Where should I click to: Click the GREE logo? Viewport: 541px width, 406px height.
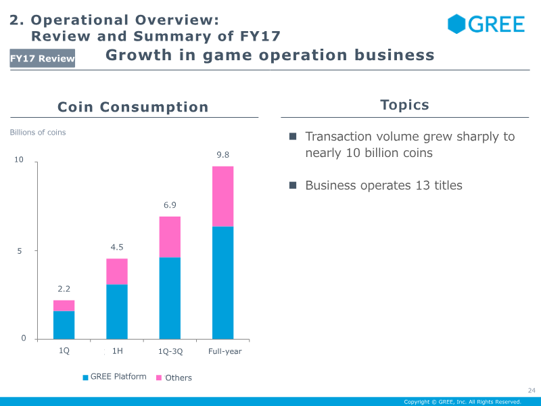point(486,24)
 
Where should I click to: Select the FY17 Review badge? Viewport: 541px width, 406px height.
point(43,59)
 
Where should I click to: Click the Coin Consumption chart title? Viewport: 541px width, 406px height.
point(133,107)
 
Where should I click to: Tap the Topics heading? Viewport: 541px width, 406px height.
point(404,105)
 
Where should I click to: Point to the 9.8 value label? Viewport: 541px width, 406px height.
point(222,155)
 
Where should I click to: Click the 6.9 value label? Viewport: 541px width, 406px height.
point(170,205)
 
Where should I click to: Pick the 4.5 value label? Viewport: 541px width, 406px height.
point(117,247)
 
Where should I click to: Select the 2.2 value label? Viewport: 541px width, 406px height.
point(64,289)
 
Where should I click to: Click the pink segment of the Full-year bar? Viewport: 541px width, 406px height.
point(222,196)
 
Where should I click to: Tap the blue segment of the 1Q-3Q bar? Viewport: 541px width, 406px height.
point(170,298)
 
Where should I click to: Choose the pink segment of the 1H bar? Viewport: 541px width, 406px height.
point(117,271)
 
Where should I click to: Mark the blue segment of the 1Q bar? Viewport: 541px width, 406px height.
point(64,325)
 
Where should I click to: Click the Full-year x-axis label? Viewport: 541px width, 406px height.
point(225,351)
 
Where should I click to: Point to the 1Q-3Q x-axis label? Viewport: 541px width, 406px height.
point(170,351)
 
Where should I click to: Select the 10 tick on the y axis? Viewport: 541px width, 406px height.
point(19,160)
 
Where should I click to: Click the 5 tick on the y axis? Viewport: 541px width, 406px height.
point(21,250)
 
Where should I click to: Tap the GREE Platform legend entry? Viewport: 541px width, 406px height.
point(114,377)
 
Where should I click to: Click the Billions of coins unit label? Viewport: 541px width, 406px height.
point(38,133)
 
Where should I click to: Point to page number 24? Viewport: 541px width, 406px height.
point(531,390)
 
